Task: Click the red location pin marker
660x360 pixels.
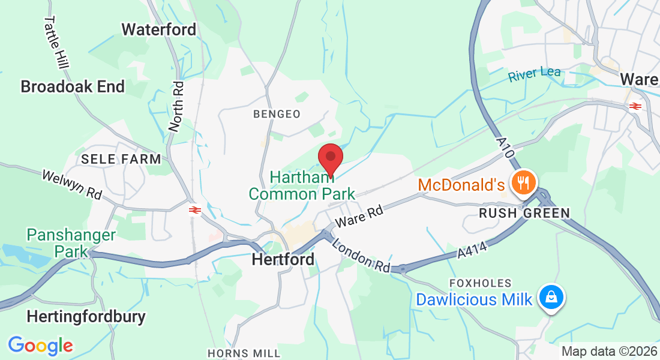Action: tap(330, 158)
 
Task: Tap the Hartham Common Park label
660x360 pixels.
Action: tap(302, 185)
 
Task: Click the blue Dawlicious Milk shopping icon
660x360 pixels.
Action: tap(550, 297)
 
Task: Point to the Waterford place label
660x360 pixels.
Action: tap(158, 29)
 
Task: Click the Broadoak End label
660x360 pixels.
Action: tap(73, 86)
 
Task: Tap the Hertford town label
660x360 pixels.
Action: tap(283, 259)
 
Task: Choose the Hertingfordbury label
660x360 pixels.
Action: tap(86, 316)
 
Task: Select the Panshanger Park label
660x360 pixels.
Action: tap(71, 242)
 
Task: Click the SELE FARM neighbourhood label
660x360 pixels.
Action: tap(121, 159)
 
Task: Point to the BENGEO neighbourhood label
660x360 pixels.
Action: tap(277, 113)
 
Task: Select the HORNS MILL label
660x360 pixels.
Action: tap(244, 353)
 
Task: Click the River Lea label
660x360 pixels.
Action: tap(534, 75)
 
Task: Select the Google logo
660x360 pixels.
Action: tap(40, 345)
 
